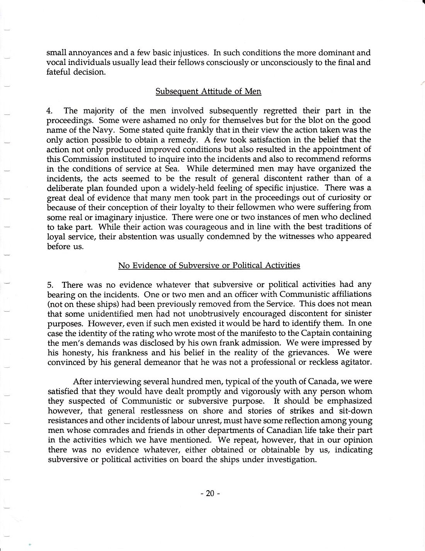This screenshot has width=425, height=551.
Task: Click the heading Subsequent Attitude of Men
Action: (x=208, y=92)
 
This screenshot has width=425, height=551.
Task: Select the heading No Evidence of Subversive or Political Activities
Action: (x=209, y=265)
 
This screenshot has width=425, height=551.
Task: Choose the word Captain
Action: (x=307, y=333)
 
